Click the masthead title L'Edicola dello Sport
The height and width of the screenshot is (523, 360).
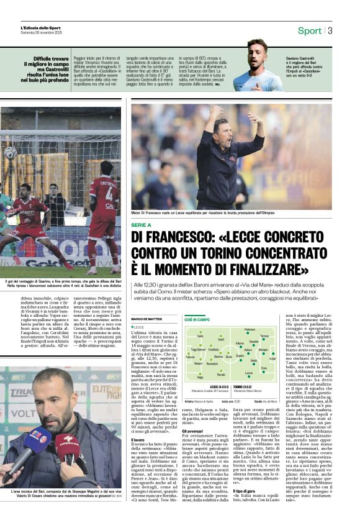(41, 28)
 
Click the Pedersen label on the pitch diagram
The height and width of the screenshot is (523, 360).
(250, 329)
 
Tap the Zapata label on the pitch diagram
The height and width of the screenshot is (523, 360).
(239, 356)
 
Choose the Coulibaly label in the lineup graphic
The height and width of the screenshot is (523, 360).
(213, 349)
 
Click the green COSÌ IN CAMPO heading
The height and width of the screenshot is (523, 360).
(197, 319)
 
